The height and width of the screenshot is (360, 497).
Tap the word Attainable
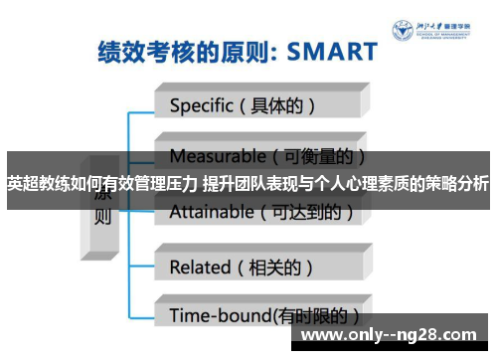point(211,211)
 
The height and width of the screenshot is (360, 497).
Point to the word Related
point(200,267)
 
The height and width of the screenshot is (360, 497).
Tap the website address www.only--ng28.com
point(394,333)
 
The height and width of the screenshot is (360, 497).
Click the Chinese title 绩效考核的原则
point(170,51)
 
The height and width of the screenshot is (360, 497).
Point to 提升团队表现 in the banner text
point(235,183)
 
